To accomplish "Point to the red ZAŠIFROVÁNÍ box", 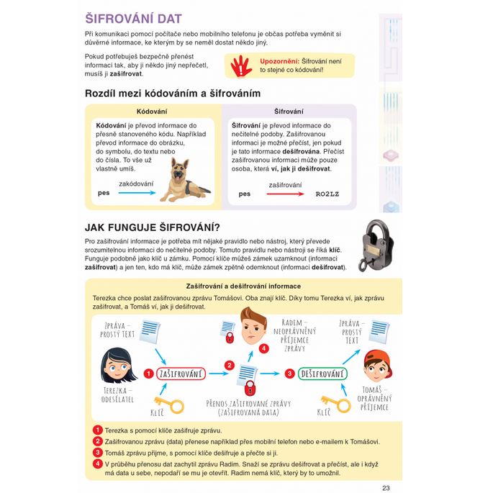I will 181,374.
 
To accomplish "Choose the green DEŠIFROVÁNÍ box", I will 322,374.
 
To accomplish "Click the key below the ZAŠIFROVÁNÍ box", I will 170,402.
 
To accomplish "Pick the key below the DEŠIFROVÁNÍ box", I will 334,404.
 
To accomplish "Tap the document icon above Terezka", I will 150,333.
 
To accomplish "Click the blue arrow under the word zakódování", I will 137,194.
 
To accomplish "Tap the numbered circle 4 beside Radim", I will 264,348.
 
